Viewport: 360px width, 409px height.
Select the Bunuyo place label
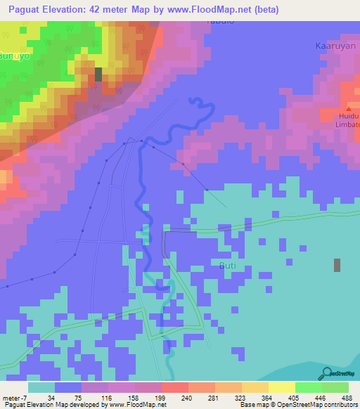click(x=14, y=54)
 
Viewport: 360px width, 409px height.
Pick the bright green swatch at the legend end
click(x=335, y=387)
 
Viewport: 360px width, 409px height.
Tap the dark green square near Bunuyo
click(x=98, y=74)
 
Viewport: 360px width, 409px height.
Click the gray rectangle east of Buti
click(x=337, y=265)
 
